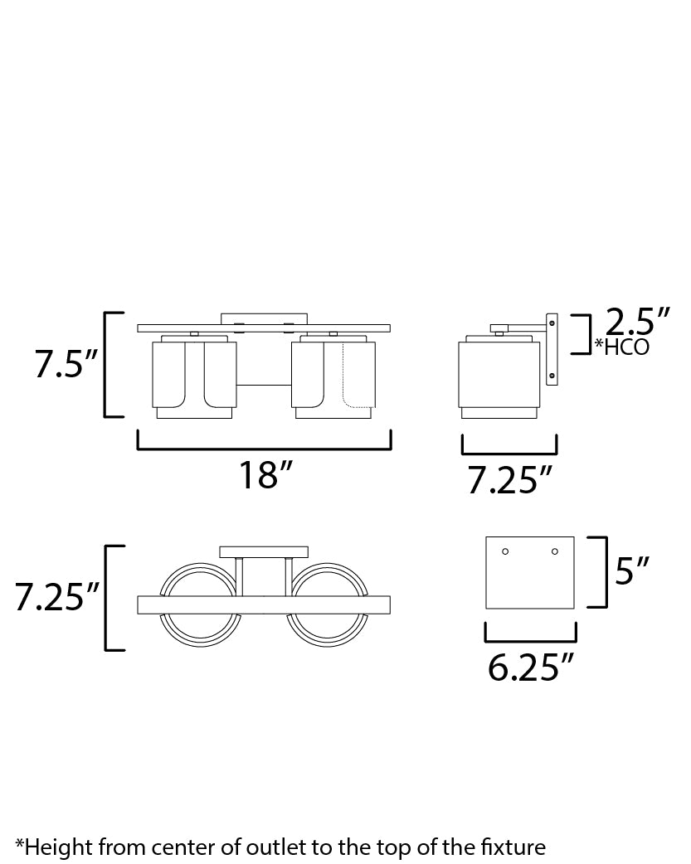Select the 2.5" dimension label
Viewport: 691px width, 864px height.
point(637,321)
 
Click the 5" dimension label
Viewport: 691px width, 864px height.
point(632,570)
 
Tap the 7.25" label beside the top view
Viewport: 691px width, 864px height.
point(57,597)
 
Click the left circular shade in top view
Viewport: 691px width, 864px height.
point(200,604)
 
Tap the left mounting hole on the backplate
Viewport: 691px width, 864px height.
point(505,551)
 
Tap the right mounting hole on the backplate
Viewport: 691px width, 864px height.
point(555,551)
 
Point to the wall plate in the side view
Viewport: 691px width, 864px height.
point(552,348)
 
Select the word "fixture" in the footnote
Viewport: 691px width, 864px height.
point(515,847)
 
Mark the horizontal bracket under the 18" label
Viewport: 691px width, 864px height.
point(264,448)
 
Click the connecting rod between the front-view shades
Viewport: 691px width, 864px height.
point(264,384)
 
